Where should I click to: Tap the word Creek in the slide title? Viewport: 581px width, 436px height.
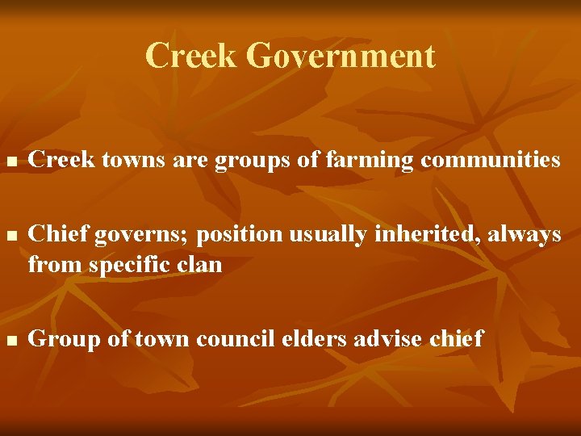click(191, 57)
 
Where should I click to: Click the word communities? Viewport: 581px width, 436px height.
click(490, 160)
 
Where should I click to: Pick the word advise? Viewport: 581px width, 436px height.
click(385, 338)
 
